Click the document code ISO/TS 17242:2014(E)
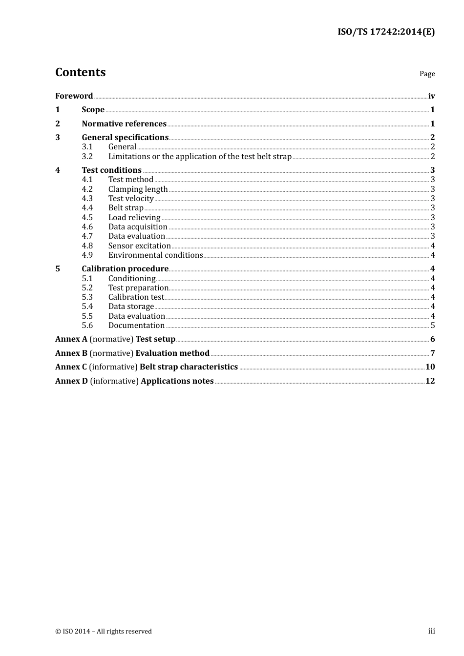pos(386,32)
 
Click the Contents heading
pos(80,72)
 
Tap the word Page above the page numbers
pos(427,74)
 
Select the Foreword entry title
pos(74,96)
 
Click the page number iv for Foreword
pos(431,96)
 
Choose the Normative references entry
pos(124,124)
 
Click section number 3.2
pos(87,157)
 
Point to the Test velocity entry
pos(131,199)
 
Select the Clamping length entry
pos(138,189)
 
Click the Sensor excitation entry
pos(139,246)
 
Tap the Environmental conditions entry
pos(155,255)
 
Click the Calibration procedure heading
pos(125,269)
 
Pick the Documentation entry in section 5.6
pos(136,326)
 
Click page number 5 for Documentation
pos(433,326)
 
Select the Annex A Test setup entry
pos(115,339)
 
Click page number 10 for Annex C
pos(430,367)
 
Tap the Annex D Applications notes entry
pos(134,381)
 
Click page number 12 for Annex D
pos(430,381)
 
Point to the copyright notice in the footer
pos(104,632)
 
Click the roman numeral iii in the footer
pos(431,631)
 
